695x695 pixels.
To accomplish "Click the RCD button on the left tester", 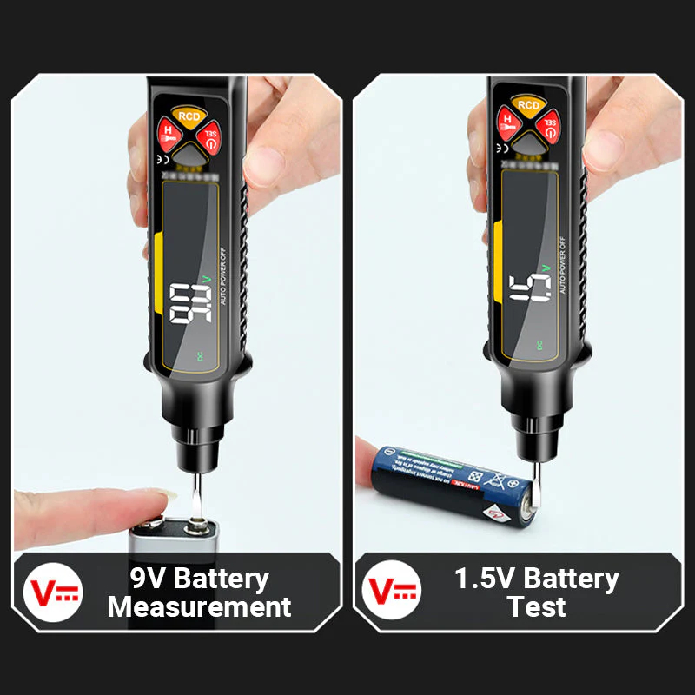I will point(188,116).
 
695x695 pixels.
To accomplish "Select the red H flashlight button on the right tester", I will point(506,122).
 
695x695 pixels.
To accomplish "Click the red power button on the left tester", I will point(208,137).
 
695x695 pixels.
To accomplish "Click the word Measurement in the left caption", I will point(199,606).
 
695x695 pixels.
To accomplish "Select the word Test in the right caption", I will point(537,606).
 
